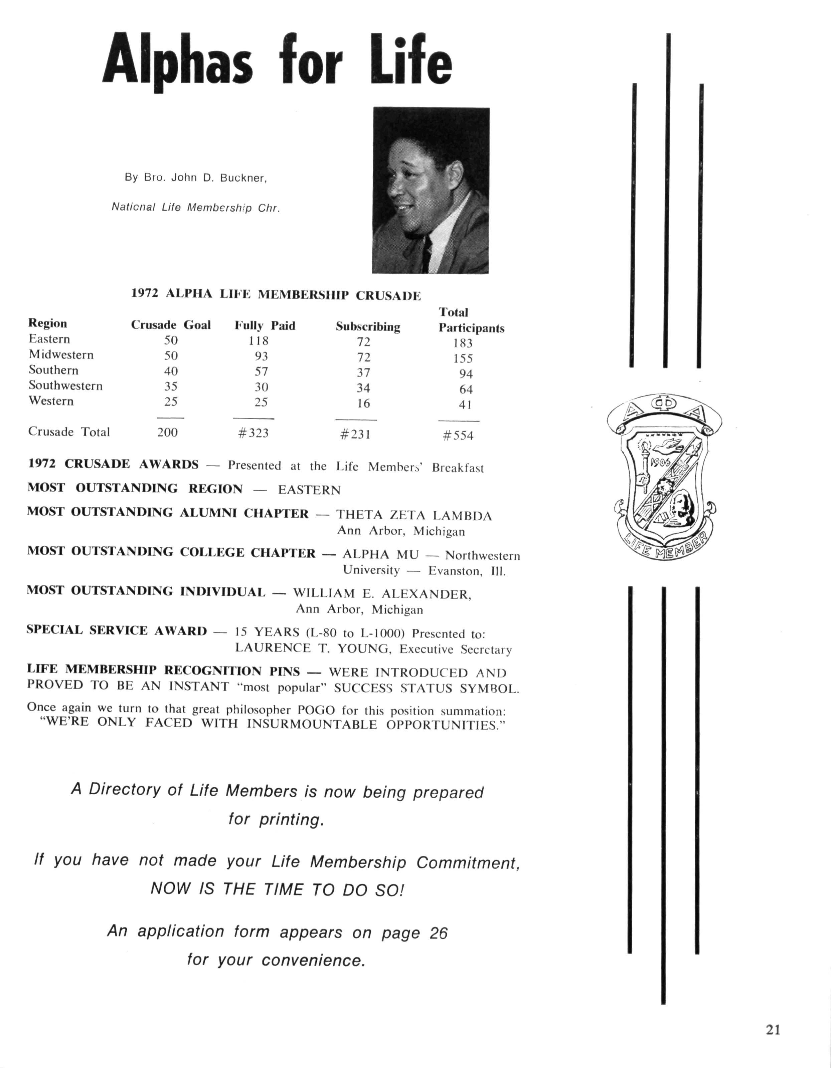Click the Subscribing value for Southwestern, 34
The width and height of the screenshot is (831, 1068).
coord(363,388)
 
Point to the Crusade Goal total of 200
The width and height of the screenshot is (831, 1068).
coord(167,432)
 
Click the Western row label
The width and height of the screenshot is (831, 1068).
coord(51,401)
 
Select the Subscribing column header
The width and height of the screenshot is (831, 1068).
coord(367,327)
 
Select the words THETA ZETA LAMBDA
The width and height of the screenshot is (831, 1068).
coord(413,515)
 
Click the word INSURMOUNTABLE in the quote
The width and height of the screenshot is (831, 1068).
coord(311,724)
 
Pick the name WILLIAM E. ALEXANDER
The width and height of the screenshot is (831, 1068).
coord(382,594)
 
